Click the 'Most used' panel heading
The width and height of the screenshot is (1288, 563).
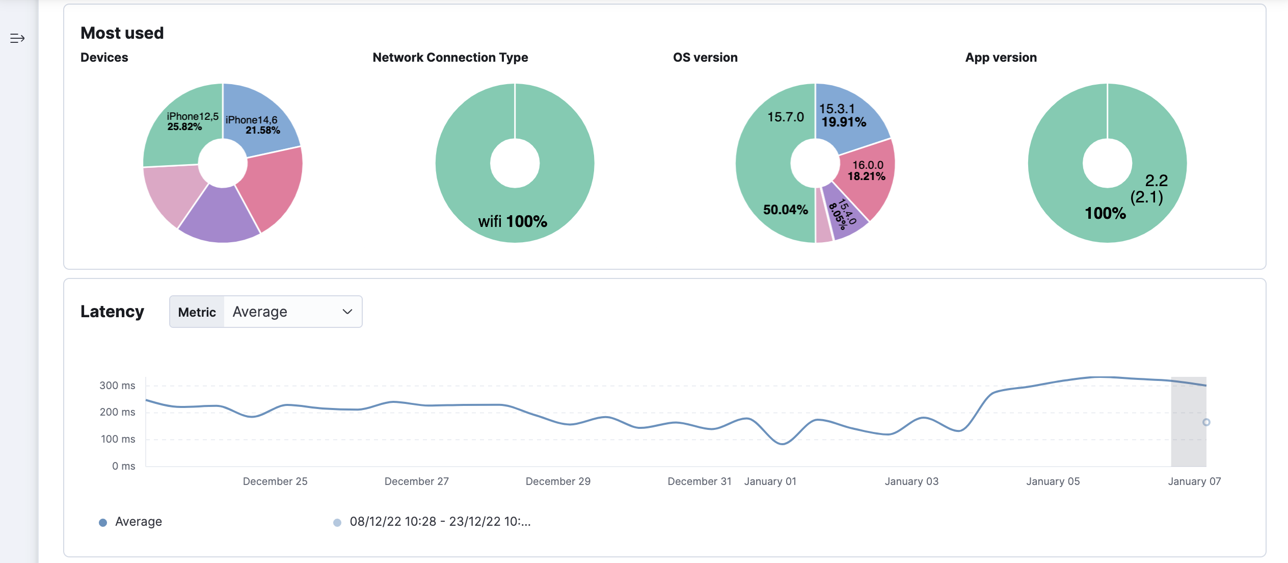(x=122, y=33)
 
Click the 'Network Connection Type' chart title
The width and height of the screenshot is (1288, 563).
(x=450, y=58)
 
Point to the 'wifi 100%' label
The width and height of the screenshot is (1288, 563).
(x=512, y=221)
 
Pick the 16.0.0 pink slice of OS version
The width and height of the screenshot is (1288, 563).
(x=868, y=170)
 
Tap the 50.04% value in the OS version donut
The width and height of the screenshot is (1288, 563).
(x=785, y=210)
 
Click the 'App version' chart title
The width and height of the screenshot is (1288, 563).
(x=1001, y=58)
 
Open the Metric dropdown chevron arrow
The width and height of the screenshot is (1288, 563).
(x=347, y=312)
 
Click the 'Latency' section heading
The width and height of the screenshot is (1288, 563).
(x=112, y=312)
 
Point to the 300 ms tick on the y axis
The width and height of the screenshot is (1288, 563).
(x=117, y=386)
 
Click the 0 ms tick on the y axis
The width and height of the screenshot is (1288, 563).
(x=123, y=466)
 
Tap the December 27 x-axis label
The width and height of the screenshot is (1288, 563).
(x=416, y=481)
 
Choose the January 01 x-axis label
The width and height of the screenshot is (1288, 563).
(x=770, y=481)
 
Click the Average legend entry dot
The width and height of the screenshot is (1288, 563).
(x=103, y=522)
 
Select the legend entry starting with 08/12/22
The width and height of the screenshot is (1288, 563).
(x=440, y=522)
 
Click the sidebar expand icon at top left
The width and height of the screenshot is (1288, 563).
(x=17, y=38)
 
